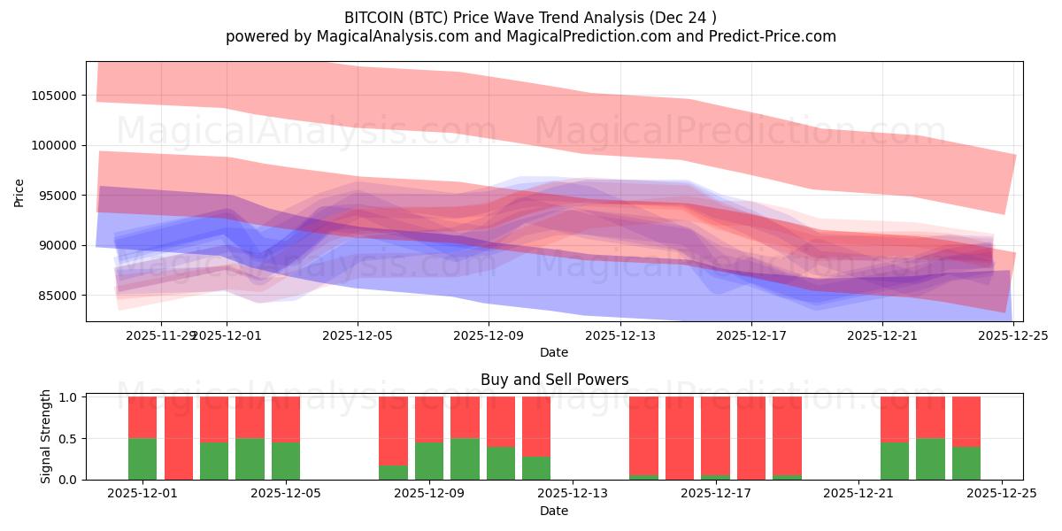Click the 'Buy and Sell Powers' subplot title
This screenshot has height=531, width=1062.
pos(554,380)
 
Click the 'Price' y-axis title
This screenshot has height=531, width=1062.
pos(19,191)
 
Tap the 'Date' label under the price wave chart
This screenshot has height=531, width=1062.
pos(554,352)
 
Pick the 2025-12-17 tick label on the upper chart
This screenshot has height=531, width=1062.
pos(750,335)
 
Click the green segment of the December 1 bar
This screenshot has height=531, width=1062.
pos(142,458)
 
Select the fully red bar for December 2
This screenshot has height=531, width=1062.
pos(179,438)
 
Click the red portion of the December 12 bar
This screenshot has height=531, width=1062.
pos(536,425)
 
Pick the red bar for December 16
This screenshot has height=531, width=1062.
pos(680,438)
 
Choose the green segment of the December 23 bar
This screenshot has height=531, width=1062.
pos(930,458)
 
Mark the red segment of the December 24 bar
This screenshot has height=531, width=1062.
pos(966,420)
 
